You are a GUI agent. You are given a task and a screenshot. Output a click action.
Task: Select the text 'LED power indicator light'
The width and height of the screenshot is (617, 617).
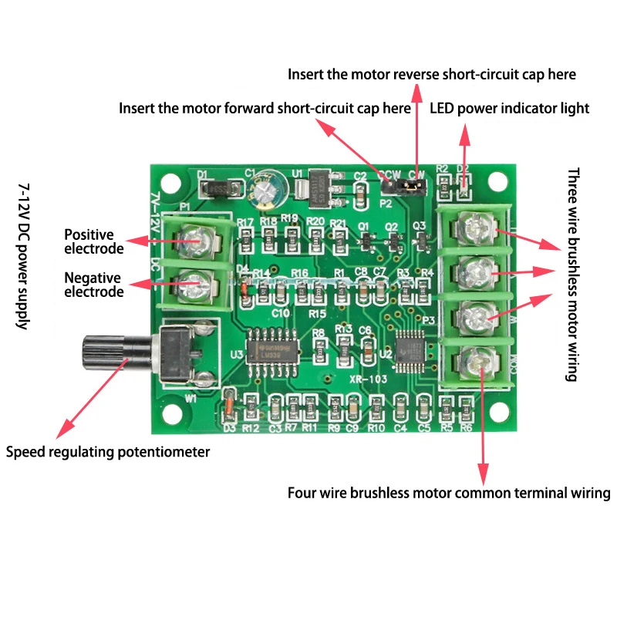click(x=509, y=108)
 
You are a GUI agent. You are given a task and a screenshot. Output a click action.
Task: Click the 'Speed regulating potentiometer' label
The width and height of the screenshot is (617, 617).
click(x=108, y=452)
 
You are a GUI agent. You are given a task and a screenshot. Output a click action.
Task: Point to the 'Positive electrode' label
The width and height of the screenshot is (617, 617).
click(x=93, y=241)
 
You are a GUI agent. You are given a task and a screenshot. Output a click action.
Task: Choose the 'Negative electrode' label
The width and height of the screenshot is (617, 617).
click(x=93, y=285)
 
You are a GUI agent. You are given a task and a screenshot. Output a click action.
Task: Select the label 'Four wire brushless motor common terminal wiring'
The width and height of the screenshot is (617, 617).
click(x=449, y=493)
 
